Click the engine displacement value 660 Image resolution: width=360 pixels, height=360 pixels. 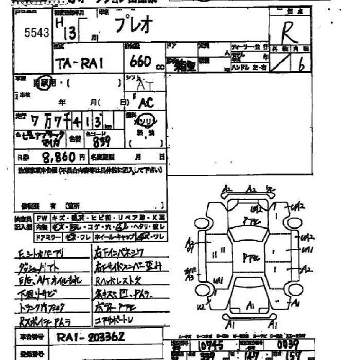click(x=139, y=62)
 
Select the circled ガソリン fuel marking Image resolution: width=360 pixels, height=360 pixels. click(x=146, y=122)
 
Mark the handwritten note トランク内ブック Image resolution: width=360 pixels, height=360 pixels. click(x=41, y=308)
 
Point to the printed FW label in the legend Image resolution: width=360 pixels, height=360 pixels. click(x=42, y=218)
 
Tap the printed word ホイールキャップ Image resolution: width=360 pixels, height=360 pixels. click(x=116, y=237)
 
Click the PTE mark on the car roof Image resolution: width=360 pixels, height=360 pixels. click(x=250, y=255)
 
